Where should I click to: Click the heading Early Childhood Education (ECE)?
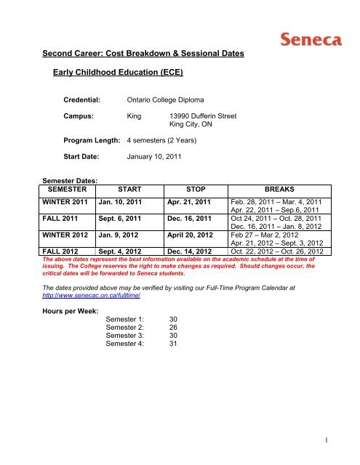[116, 72]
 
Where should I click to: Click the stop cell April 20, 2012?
[193, 235]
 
